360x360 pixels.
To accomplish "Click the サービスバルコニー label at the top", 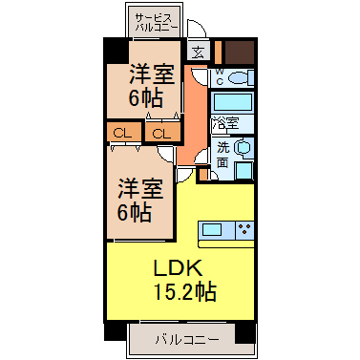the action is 157,23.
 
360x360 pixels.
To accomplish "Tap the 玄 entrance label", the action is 198,52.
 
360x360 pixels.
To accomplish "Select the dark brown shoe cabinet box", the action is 240,53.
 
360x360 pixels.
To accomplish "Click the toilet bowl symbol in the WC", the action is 239,77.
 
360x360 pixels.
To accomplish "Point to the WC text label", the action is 220,76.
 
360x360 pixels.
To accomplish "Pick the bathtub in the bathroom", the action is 232,102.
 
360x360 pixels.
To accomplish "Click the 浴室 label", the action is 225,123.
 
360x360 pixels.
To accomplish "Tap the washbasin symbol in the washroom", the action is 242,147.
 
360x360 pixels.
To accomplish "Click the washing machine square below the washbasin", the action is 244,171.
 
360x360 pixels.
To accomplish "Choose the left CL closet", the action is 123,133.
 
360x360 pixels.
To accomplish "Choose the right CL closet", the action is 162,133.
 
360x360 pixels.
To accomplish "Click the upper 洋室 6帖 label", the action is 149,85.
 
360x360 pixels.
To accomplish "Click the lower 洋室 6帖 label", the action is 140,200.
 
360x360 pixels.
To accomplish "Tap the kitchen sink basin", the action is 212,230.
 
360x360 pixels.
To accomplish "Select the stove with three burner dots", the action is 244,230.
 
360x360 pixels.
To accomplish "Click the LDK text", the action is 179,269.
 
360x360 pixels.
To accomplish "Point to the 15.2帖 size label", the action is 184,292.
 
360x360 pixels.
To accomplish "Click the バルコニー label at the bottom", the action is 187,340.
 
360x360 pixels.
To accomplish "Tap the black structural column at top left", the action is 116,51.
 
